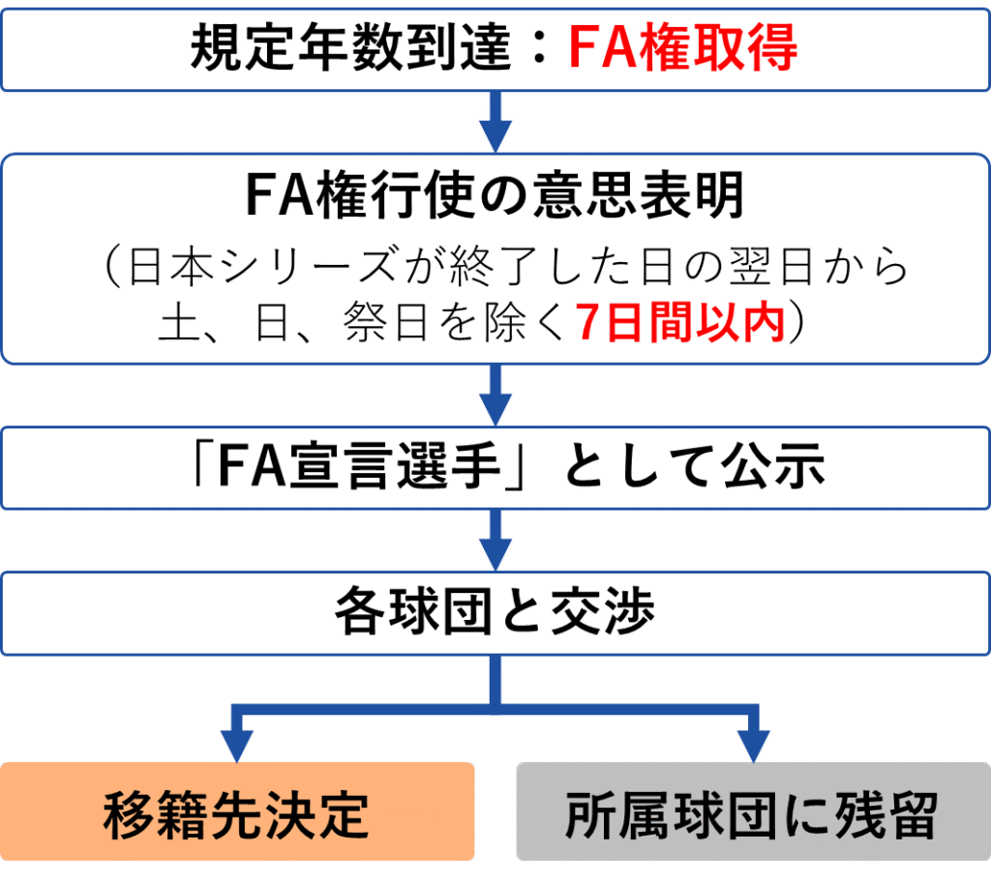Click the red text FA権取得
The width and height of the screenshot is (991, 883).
point(682,47)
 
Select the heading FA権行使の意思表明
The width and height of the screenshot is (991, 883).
point(495,196)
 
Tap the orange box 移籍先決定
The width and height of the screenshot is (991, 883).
point(237,812)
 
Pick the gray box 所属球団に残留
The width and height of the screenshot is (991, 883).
point(752,812)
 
